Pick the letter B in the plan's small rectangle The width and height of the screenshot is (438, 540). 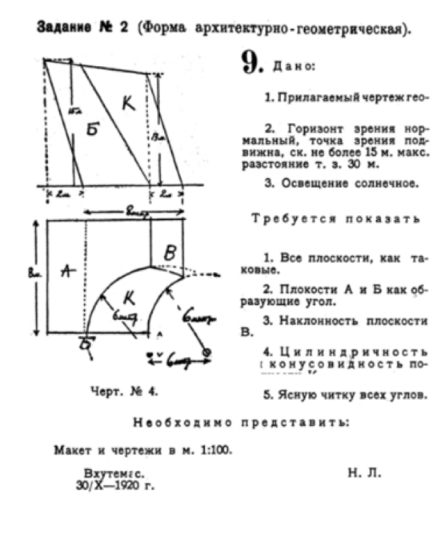170,254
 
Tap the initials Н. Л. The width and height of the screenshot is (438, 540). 364,473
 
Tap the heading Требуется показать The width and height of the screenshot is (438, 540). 336,219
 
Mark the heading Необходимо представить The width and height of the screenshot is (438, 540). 240,423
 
